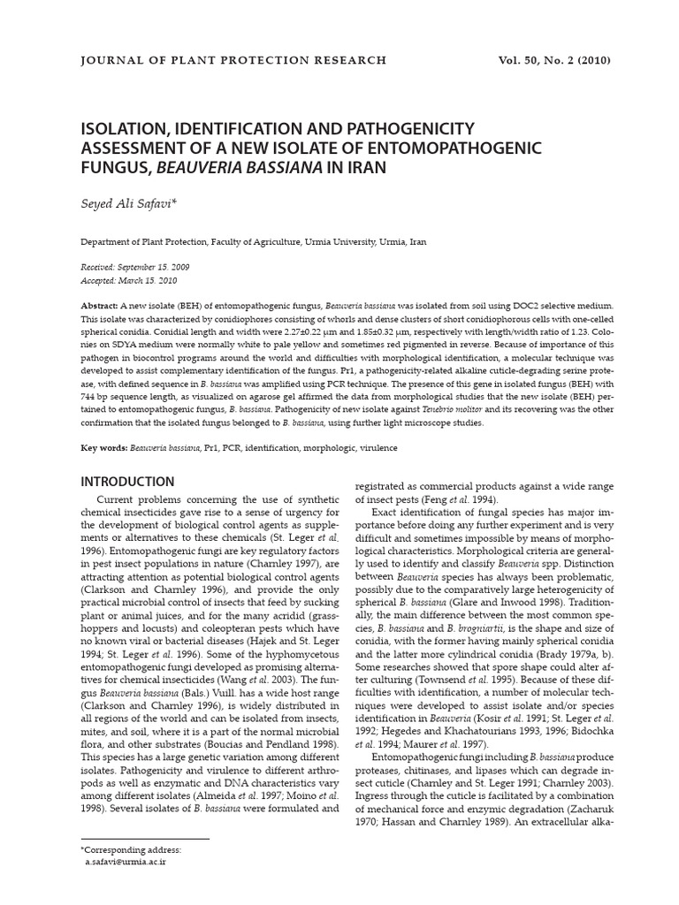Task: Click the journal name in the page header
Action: (x=233, y=60)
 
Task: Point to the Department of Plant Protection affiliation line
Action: (x=254, y=240)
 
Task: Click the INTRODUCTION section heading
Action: (x=127, y=482)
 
